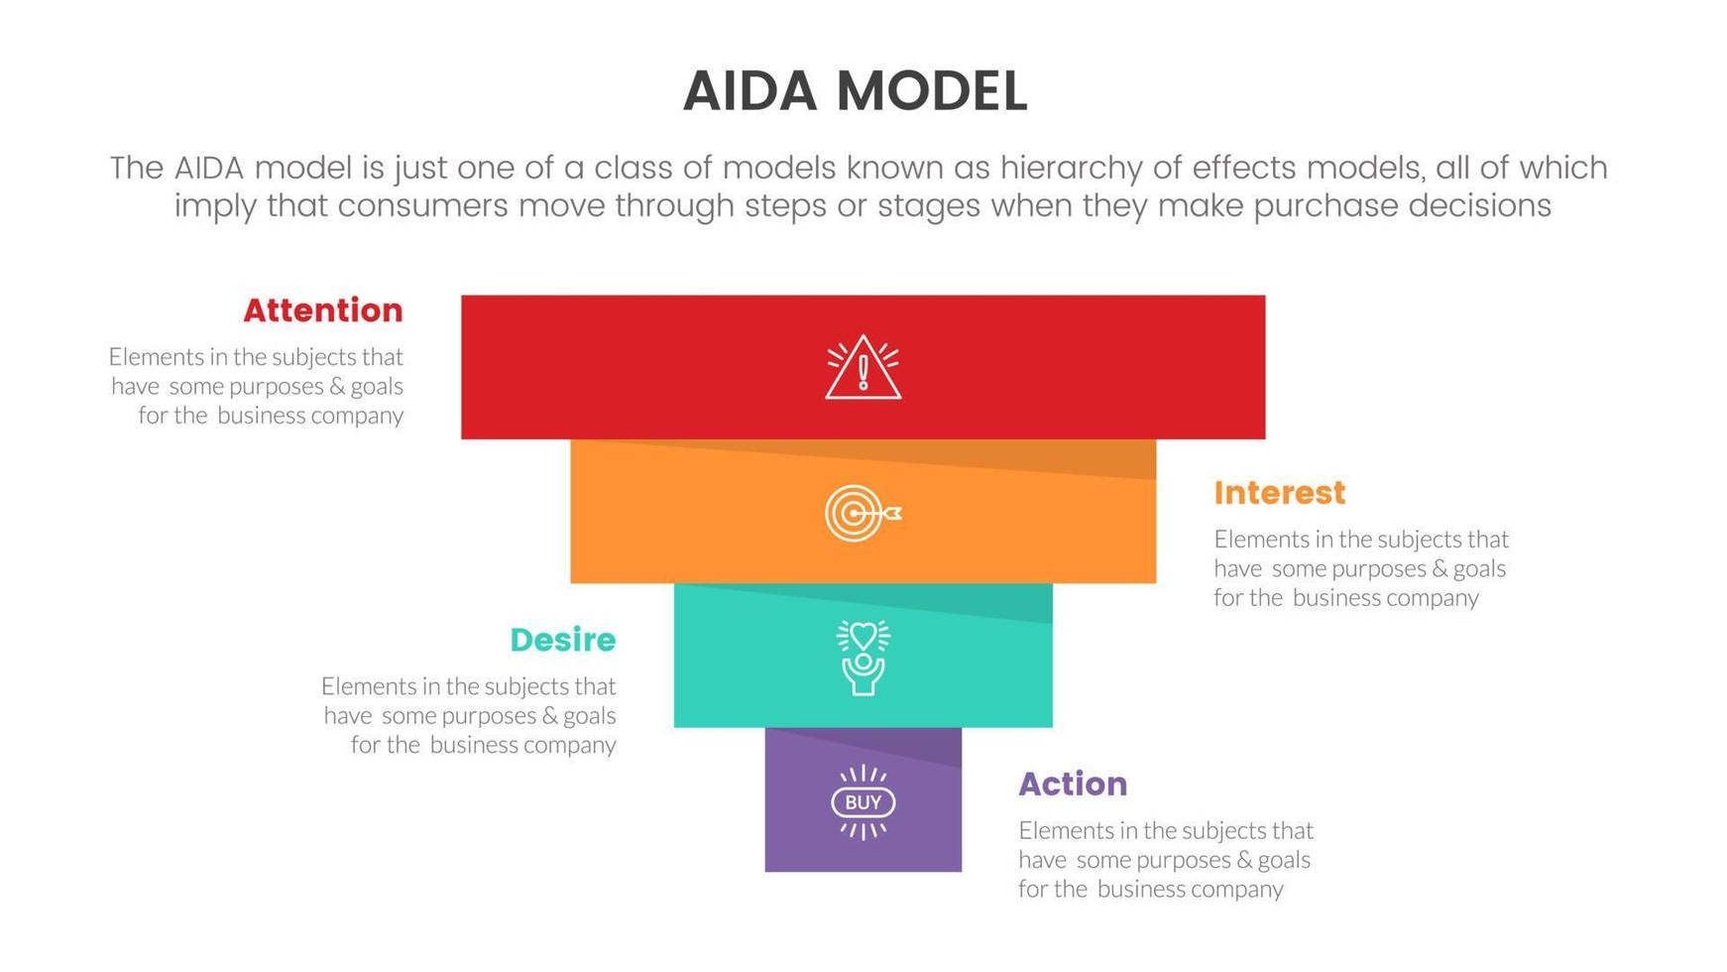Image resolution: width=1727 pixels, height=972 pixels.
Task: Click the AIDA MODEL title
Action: click(x=855, y=91)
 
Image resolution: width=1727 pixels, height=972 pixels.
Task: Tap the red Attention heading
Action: click(x=323, y=310)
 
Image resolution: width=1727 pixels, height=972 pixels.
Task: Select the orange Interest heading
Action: click(x=1279, y=493)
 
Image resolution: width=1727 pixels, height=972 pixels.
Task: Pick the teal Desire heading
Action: click(x=562, y=640)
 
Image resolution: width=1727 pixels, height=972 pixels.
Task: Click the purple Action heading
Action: click(x=1073, y=785)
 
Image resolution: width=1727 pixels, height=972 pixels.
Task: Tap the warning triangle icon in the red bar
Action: click(x=863, y=368)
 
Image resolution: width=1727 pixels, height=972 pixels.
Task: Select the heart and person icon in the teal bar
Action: click(x=863, y=657)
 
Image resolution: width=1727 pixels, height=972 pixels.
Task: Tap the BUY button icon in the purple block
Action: click(x=863, y=801)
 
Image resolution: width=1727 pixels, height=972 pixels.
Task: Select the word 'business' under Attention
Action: click(x=261, y=416)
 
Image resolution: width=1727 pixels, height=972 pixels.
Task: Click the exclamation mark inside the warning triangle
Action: click(x=863, y=373)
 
